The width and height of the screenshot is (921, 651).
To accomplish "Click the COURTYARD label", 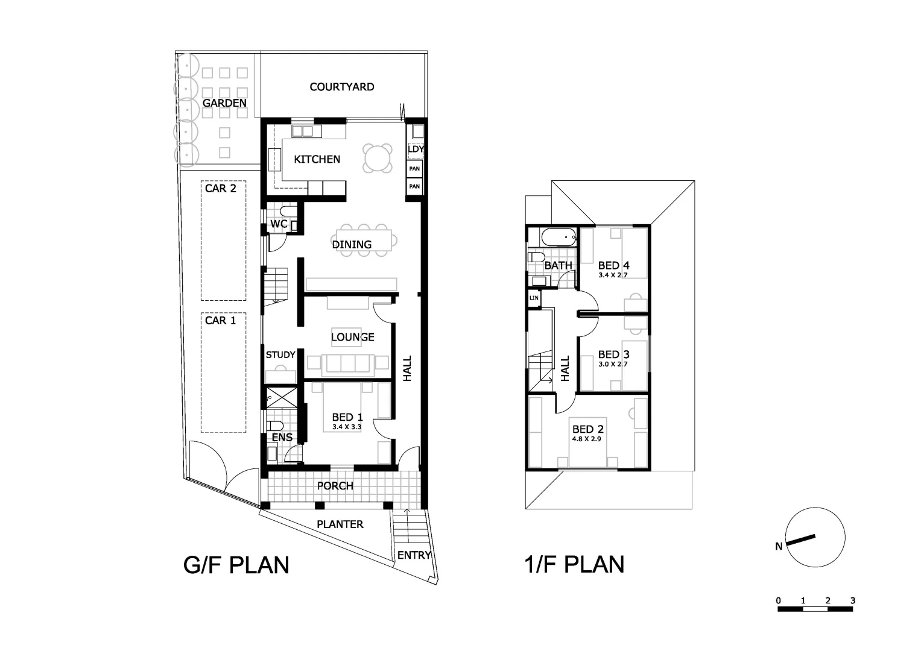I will [x=341, y=87].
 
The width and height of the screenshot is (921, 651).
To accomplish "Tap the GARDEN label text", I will [x=224, y=103].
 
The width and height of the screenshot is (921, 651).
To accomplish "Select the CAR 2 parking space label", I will [x=221, y=188].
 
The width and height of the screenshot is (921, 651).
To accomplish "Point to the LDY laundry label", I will [x=416, y=149].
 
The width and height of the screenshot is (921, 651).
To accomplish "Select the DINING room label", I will [x=352, y=244].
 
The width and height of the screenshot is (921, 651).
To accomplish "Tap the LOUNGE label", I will [x=353, y=337].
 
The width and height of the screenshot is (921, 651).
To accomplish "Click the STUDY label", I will [x=280, y=355].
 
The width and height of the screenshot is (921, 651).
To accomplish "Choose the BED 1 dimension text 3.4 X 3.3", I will [x=347, y=427].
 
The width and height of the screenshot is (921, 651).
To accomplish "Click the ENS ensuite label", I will [x=282, y=438].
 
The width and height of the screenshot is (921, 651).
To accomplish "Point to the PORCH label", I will [x=335, y=486].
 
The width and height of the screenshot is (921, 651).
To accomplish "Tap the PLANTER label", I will [x=340, y=524].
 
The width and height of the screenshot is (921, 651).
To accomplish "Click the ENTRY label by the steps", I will [x=414, y=555].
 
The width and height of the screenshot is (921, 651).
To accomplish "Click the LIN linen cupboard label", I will [x=534, y=298].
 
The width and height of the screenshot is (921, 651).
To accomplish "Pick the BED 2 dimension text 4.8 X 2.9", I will [x=587, y=439].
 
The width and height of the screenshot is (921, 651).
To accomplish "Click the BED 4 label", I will [x=613, y=265].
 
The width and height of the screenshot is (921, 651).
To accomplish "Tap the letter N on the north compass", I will [x=779, y=547].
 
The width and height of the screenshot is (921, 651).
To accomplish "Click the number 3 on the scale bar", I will [x=852, y=600].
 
